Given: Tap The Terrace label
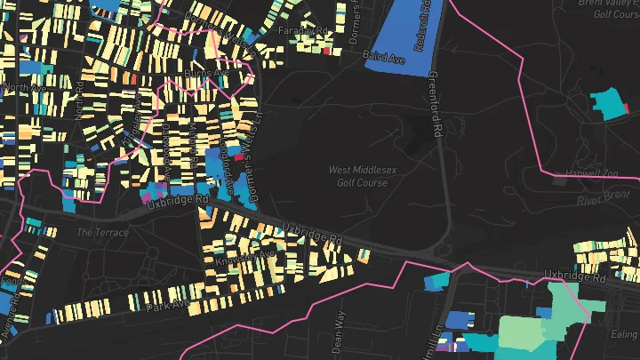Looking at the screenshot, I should [x=102, y=233].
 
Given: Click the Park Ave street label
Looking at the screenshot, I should [x=169, y=305].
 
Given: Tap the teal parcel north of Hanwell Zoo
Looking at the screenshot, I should [x=611, y=105].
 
